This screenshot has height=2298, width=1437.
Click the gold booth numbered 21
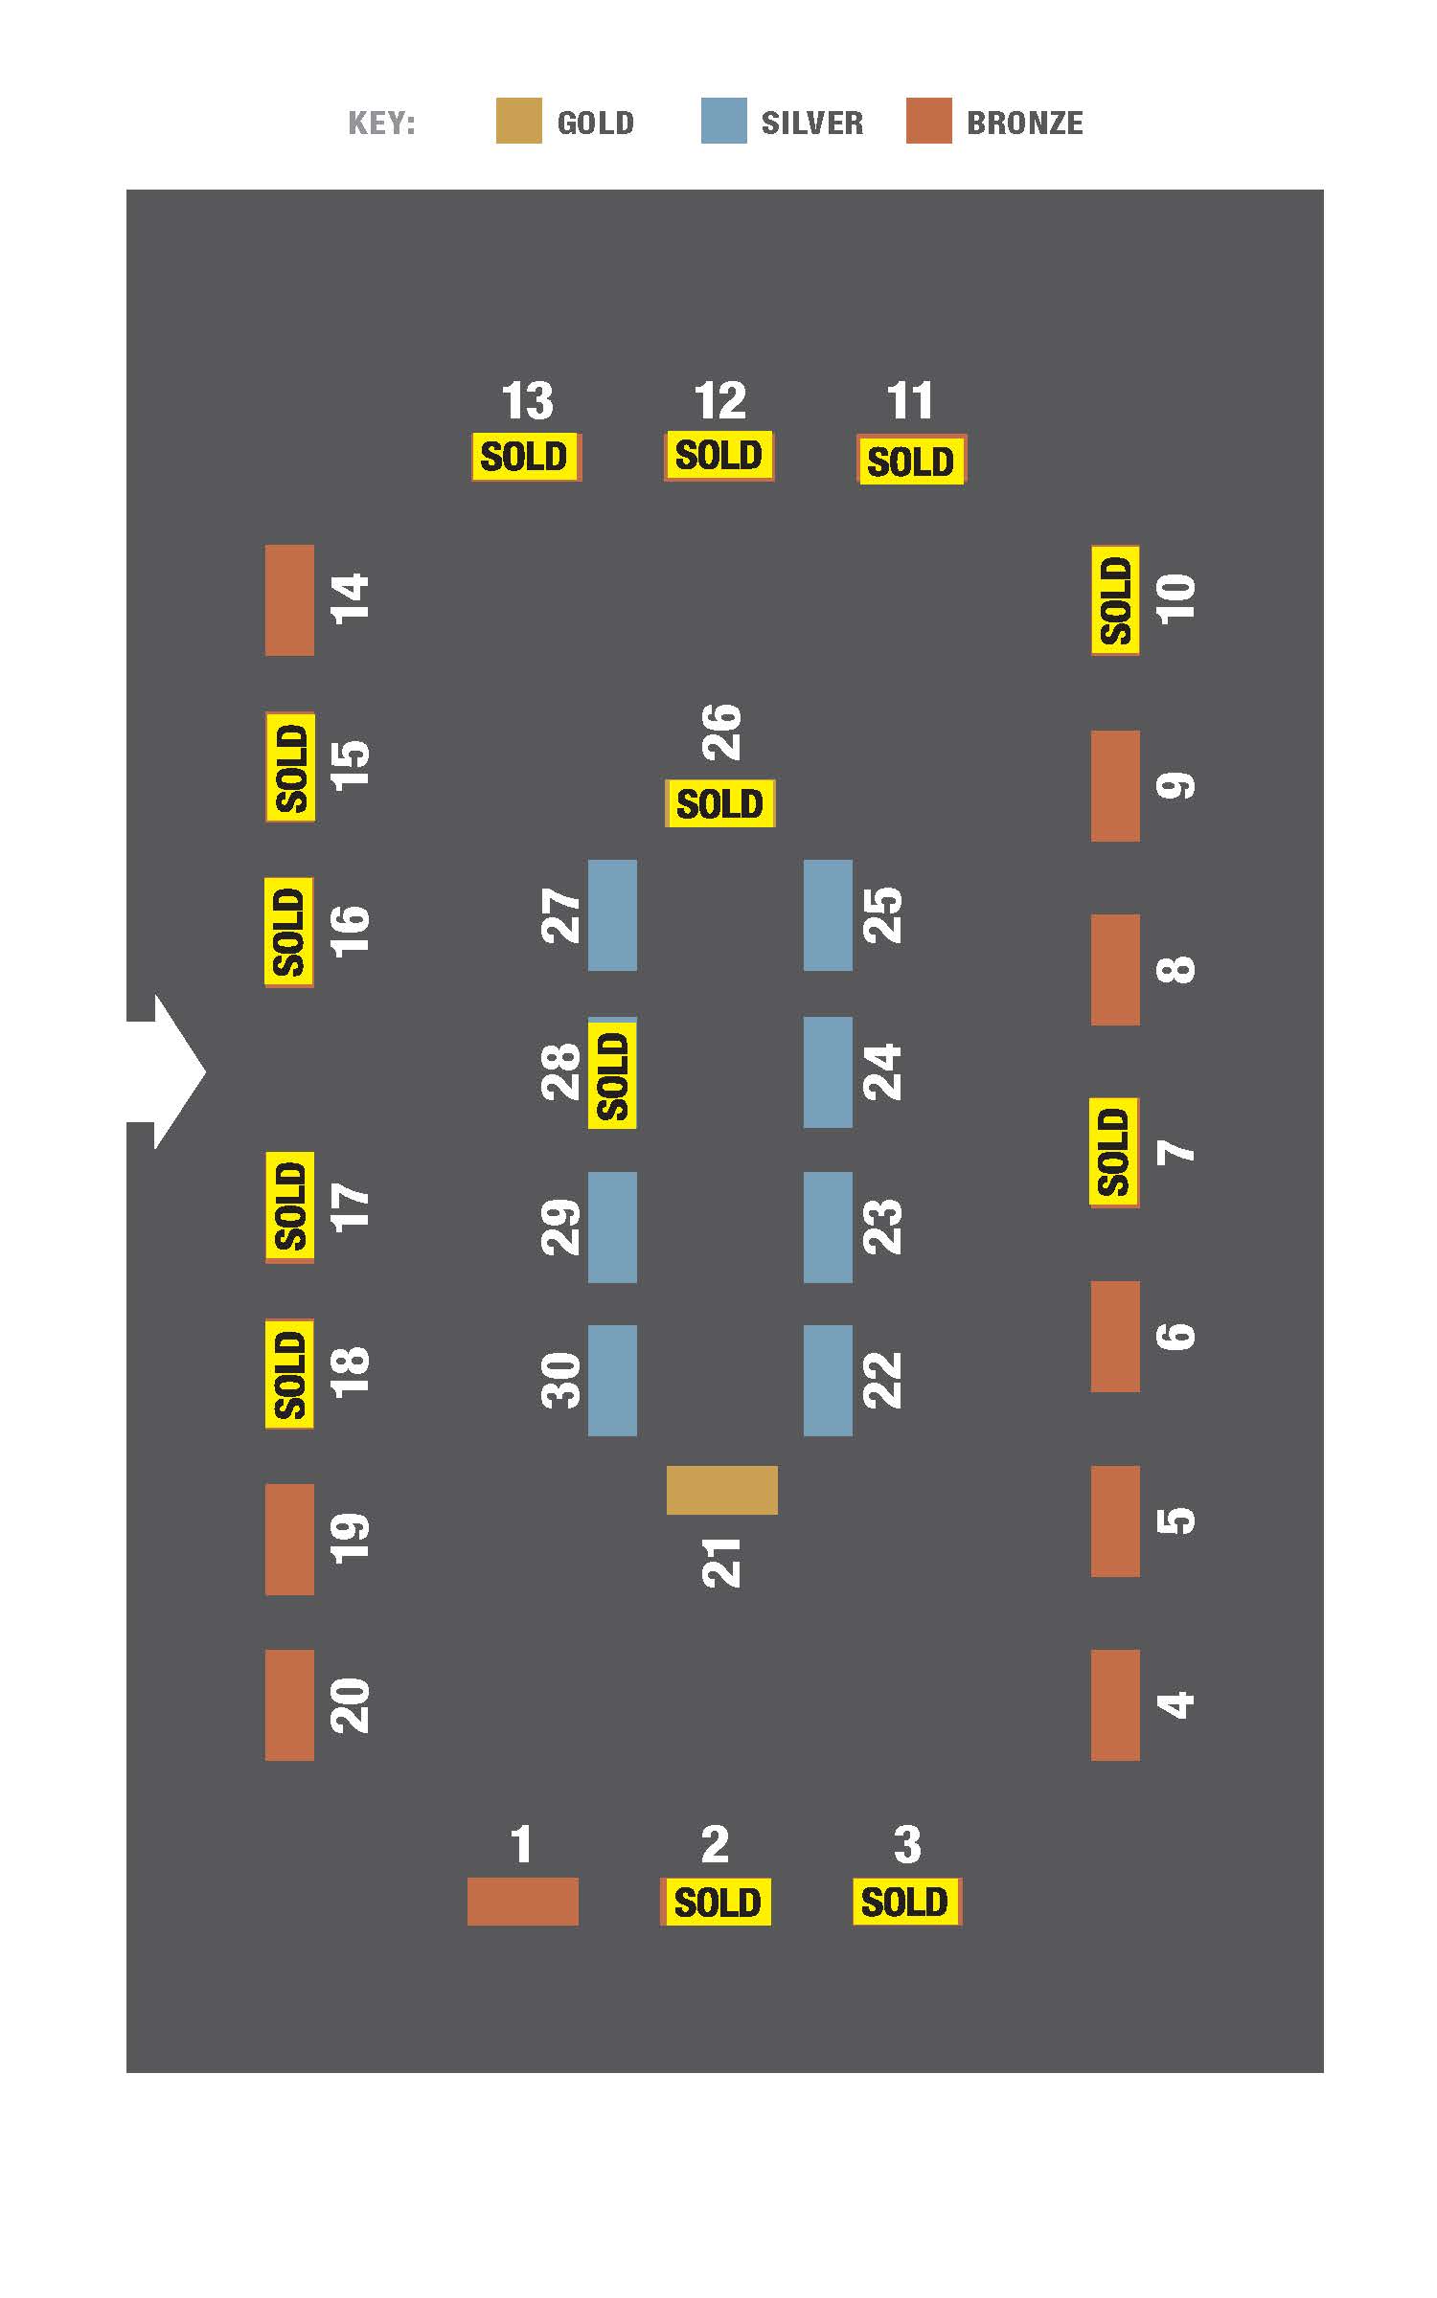pyautogui.click(x=721, y=1490)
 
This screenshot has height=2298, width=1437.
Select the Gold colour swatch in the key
pyautogui.click(x=518, y=121)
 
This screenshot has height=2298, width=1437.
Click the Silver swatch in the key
pyautogui.click(x=723, y=121)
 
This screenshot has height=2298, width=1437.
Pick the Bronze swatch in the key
pyautogui.click(x=929, y=121)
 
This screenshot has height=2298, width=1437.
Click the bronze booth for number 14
pyautogui.click(x=289, y=600)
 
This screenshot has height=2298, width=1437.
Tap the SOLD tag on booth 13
pyautogui.click(x=526, y=457)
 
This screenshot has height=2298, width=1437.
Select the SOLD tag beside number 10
pyautogui.click(x=1115, y=600)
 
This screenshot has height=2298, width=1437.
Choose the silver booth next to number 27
pyautogui.click(x=612, y=915)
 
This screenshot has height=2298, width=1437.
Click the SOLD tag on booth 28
pyautogui.click(x=612, y=1073)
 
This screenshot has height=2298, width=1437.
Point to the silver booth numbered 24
pyautogui.click(x=828, y=1072)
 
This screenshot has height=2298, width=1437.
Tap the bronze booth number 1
pyautogui.click(x=523, y=1901)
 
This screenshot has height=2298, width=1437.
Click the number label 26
pyautogui.click(x=721, y=732)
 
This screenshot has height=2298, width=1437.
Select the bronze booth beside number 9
pyautogui.click(x=1115, y=786)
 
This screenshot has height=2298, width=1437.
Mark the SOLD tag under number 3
pyautogui.click(x=906, y=1902)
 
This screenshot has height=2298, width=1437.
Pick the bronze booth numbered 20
pyautogui.click(x=289, y=1704)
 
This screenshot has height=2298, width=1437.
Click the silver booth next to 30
pyautogui.click(x=612, y=1381)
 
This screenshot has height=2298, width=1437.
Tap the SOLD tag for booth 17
pyautogui.click(x=289, y=1207)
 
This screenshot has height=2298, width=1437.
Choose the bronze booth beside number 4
pyautogui.click(x=1115, y=1704)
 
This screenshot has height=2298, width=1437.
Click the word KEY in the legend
pyautogui.click(x=381, y=124)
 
